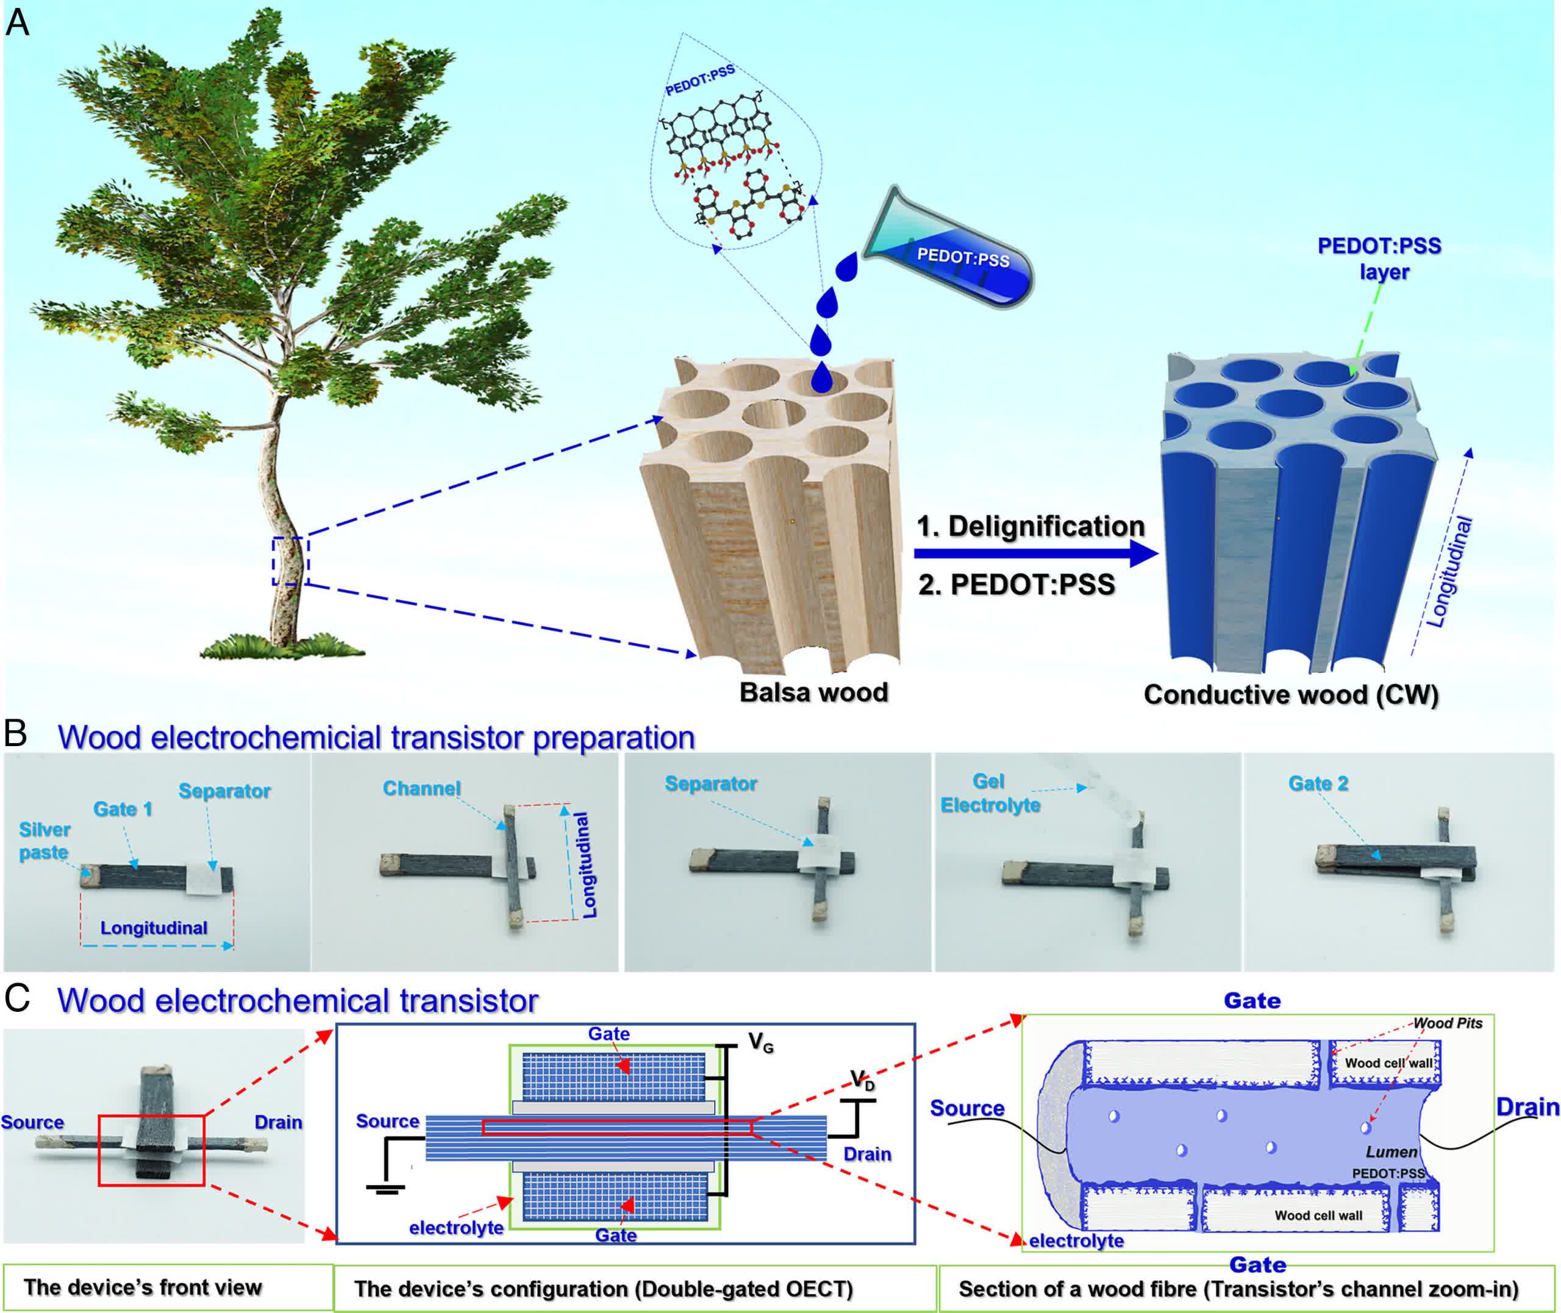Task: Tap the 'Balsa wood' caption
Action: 813,693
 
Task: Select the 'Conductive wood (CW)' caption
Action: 1291,694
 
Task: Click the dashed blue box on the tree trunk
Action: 290,560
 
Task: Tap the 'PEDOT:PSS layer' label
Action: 1379,258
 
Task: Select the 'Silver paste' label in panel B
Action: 45,841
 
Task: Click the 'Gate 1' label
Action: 123,809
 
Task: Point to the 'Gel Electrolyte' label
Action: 990,792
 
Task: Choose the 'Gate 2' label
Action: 1318,783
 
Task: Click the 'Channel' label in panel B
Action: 421,788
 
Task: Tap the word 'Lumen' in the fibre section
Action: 1391,1151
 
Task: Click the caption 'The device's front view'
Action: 143,1287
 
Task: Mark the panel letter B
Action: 16,734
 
